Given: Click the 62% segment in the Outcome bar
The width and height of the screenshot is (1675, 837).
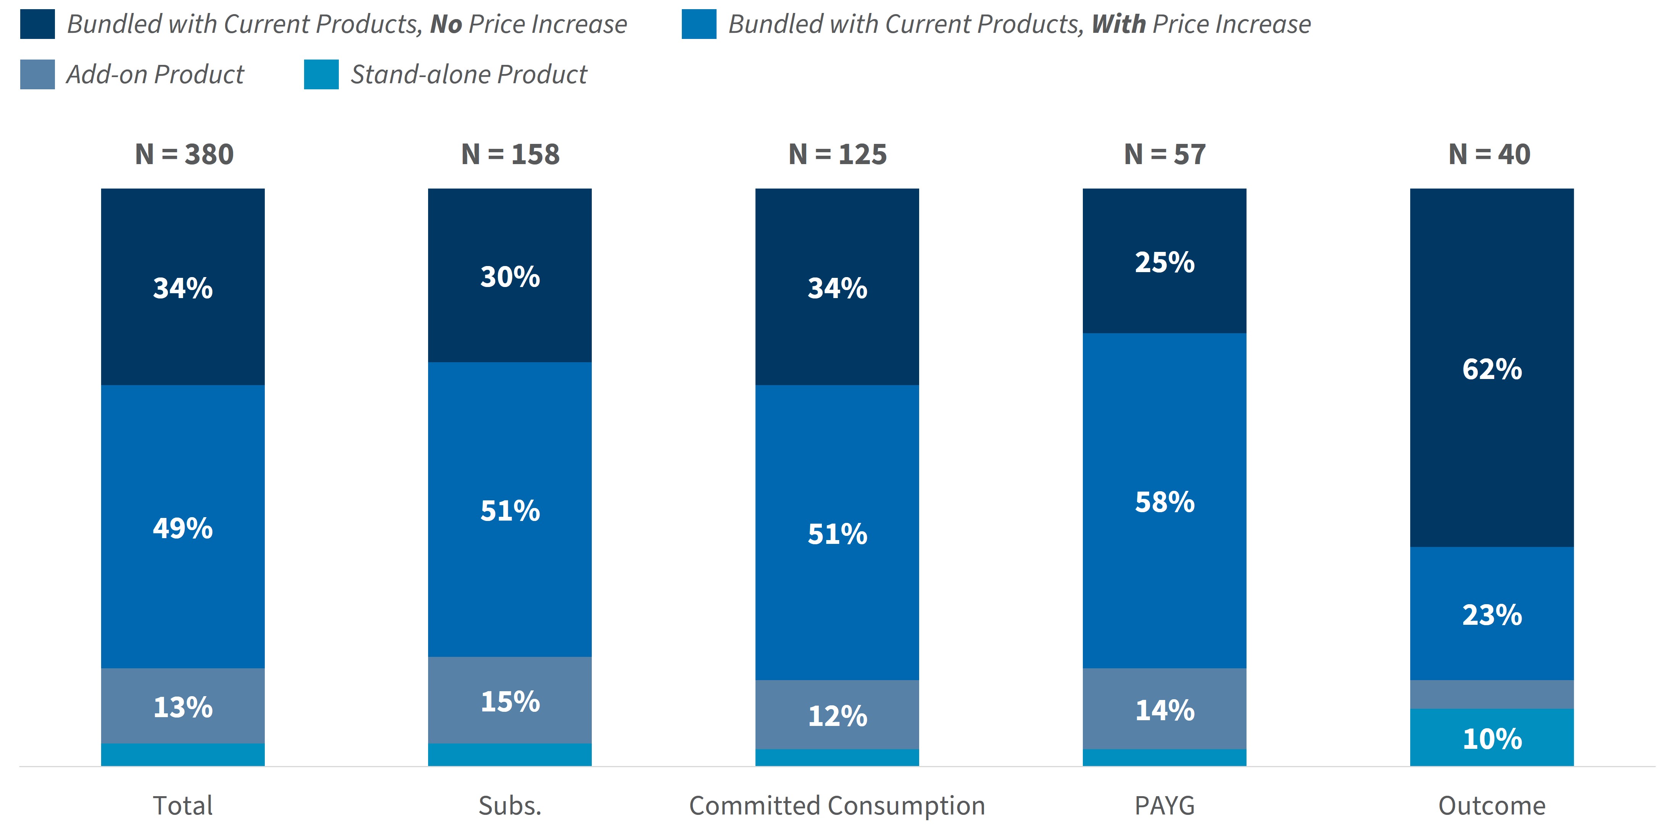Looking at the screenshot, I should [1491, 368].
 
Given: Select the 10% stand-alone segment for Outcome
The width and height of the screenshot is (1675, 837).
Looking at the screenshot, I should [1491, 737].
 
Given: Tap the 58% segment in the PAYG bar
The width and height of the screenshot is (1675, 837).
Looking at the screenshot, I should [1164, 501].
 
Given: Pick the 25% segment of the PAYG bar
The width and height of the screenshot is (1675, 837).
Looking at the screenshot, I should [1164, 261].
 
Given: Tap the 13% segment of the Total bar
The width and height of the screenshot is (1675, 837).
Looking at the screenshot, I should [183, 706].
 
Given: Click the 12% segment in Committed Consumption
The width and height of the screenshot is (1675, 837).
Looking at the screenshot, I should [837, 715].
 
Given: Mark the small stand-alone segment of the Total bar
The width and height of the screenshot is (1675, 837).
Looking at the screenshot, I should [183, 755].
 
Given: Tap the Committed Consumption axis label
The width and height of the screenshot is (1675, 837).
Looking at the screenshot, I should [837, 806].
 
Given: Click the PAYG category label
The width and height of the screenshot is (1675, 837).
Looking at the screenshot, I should [1164, 806].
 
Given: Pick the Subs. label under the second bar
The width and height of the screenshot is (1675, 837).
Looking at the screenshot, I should [510, 806].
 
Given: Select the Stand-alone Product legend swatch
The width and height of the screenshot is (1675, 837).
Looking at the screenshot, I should [321, 74].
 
